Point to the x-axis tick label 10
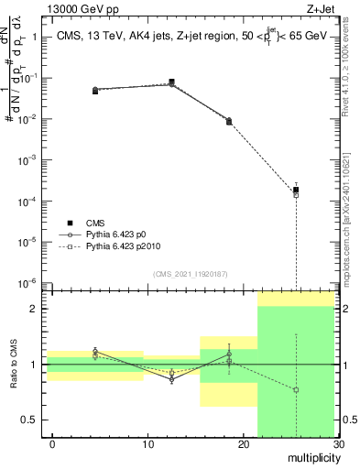pyautogui.click(x=148, y=444)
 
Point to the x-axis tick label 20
pyautogui.click(x=244, y=444)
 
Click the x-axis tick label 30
pyautogui.click(x=338, y=444)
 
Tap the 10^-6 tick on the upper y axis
pyautogui.click(x=33, y=282)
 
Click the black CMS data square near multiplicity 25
pyautogui.click(x=296, y=190)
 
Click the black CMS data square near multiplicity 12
pyautogui.click(x=172, y=82)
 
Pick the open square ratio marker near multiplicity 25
pyautogui.click(x=296, y=390)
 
